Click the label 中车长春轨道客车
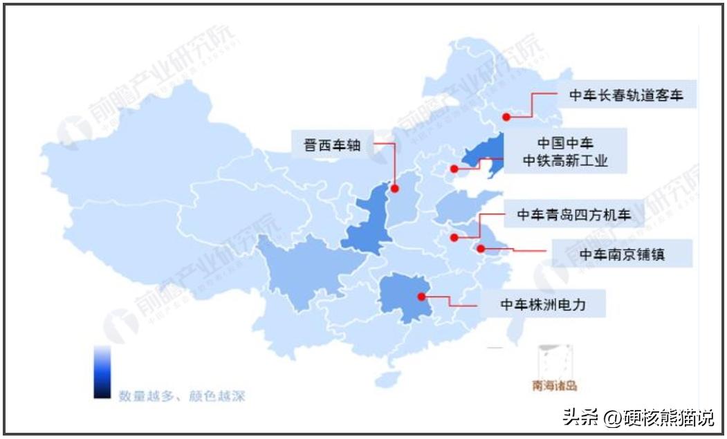click(x=626, y=95)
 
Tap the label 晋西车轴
click(x=331, y=146)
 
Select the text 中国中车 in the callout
click(x=565, y=143)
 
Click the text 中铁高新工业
click(x=565, y=161)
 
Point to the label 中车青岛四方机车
click(x=573, y=215)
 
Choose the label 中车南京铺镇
click(x=622, y=254)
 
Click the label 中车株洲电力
click(x=543, y=303)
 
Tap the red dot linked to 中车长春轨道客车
click(x=506, y=118)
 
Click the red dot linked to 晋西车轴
click(x=395, y=188)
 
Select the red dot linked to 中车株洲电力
click(x=421, y=297)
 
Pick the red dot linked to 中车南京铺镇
click(x=481, y=247)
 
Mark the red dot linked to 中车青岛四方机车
click(x=454, y=237)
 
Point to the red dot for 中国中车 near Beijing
click(x=454, y=169)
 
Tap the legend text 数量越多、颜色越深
click(x=181, y=397)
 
